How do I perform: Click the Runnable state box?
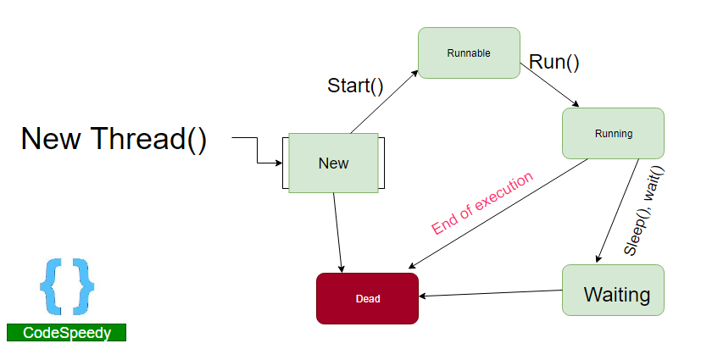click(x=469, y=53)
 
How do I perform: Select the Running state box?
click(x=613, y=133)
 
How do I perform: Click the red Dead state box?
click(x=367, y=298)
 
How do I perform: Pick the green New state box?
click(x=333, y=163)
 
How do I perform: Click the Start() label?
click(x=355, y=86)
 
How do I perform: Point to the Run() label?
click(x=554, y=62)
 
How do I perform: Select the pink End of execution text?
click(x=482, y=203)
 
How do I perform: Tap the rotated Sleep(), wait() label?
click(x=644, y=211)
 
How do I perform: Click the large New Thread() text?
click(x=114, y=138)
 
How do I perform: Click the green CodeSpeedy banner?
click(x=66, y=333)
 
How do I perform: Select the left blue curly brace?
click(x=51, y=285)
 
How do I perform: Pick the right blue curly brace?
click(x=83, y=285)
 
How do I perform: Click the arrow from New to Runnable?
click(x=384, y=102)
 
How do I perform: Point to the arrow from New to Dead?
click(x=337, y=231)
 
